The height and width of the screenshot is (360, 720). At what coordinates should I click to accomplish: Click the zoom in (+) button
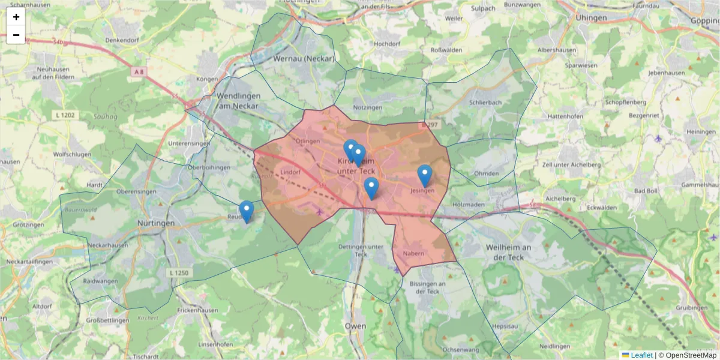point(16,17)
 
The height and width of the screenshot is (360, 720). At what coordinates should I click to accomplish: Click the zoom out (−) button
point(16,35)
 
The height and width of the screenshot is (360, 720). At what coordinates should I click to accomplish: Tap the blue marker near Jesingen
point(424,175)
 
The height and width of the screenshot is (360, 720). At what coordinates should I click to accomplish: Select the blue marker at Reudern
point(246,211)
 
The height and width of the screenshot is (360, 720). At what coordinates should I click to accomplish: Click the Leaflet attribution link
point(641,355)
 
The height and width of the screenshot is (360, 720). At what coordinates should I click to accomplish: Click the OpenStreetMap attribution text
point(691,355)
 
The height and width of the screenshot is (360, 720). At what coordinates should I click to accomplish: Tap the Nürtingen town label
point(156,223)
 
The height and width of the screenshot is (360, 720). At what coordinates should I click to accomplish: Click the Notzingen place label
point(368,107)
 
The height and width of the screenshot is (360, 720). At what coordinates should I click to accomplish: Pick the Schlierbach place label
point(485,103)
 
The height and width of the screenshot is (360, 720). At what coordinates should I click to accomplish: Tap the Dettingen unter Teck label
point(361,250)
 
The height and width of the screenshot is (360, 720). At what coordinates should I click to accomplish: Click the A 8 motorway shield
point(139,72)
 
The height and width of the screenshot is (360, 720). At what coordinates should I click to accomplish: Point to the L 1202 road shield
point(65,114)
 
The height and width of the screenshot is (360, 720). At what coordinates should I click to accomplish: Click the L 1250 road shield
point(179,273)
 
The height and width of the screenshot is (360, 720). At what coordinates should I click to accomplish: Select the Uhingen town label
point(591,18)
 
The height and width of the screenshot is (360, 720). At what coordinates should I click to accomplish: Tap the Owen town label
point(355,326)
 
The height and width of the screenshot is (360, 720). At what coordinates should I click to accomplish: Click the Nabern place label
point(414,253)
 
